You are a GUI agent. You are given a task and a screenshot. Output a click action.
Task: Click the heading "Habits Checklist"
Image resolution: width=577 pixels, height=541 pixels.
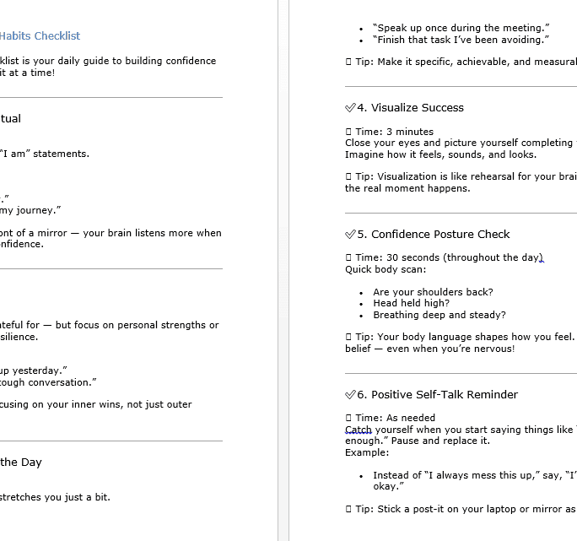click(x=40, y=35)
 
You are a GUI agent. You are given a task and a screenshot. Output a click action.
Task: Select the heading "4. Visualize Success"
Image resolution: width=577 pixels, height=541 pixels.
click(x=410, y=108)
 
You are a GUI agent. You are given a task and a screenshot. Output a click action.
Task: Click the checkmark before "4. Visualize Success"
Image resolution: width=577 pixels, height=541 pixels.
click(x=350, y=108)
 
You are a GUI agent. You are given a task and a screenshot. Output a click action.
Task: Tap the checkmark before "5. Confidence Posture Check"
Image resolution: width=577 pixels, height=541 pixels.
click(x=350, y=235)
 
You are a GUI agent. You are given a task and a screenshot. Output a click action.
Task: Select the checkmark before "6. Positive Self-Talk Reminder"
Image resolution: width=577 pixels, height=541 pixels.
click(x=350, y=395)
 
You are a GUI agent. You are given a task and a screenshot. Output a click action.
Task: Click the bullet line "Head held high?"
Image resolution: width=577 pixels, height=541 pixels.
click(x=411, y=304)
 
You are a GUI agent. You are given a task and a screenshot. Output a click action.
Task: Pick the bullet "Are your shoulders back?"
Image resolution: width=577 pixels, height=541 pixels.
click(x=433, y=292)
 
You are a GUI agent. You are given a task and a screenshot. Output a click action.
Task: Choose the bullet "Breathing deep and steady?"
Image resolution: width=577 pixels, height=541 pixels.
click(x=439, y=316)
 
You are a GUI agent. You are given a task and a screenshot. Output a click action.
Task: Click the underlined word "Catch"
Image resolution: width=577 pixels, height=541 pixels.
click(x=359, y=430)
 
